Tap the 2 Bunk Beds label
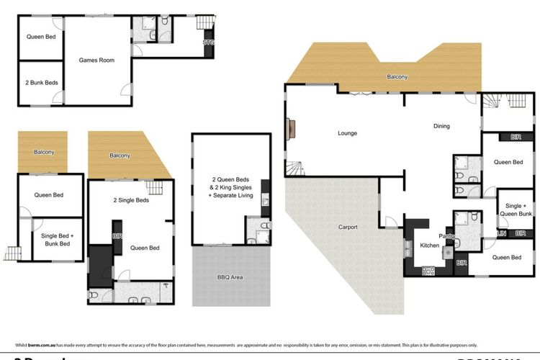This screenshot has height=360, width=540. pos(41,83)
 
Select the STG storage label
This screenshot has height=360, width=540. pos(209,43)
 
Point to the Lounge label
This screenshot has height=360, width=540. pos(348,133)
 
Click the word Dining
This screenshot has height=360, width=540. pos(441,126)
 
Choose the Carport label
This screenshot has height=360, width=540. pos(348,228)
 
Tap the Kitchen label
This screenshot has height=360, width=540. pos(430,246)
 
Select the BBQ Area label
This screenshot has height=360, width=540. pos(230,276)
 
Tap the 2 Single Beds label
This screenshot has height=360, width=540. pos(131,200)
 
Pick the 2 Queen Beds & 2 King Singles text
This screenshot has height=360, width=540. pos(232,186)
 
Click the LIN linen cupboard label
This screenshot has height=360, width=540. pos(502,233)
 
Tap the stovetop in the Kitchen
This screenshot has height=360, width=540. pos(428,270)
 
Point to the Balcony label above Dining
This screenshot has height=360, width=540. pos(397,77)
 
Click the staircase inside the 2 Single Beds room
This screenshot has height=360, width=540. pos(156,189)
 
